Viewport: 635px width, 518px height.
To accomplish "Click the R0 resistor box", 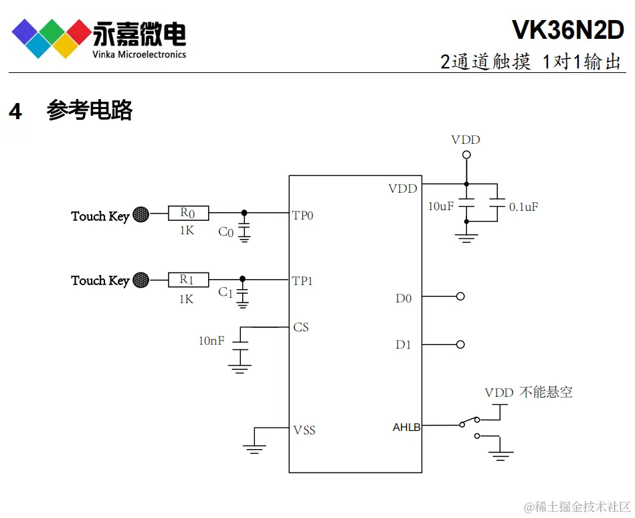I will [x=187, y=213].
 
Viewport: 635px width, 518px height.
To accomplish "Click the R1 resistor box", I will [x=187, y=280].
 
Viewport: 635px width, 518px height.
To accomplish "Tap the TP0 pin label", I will [x=302, y=215].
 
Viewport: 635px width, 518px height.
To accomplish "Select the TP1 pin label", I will [x=302, y=281].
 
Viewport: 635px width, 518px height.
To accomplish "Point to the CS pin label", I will [x=301, y=327].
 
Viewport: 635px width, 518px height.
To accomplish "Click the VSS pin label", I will [x=304, y=430].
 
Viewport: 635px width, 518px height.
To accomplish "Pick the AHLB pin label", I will [x=406, y=427].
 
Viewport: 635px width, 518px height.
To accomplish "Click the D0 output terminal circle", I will [x=460, y=296].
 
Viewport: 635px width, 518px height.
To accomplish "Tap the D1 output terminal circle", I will [x=460, y=345].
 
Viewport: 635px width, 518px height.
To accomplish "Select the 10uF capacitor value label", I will [x=441, y=207].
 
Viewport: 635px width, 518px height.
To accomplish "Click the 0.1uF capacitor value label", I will [x=523, y=207].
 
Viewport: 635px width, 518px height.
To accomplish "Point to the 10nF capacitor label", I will [x=211, y=341].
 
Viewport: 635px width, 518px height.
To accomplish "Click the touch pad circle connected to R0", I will [x=141, y=214].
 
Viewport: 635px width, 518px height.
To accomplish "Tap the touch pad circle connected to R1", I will [x=141, y=280].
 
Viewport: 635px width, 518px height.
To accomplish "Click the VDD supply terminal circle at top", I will [x=466, y=155].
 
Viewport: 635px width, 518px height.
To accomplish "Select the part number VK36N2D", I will [x=568, y=30].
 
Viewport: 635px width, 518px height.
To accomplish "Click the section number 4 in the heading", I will [x=15, y=112].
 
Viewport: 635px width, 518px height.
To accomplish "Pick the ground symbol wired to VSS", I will [x=254, y=448].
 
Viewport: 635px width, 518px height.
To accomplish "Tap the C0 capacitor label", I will [x=226, y=232].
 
